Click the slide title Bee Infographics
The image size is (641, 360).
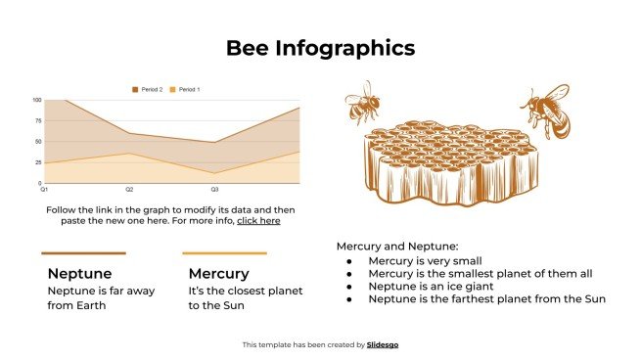coord(320,47)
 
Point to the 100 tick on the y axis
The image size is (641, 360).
coord(36,100)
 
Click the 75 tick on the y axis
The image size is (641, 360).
coord(38,120)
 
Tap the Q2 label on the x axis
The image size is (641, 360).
coord(129,188)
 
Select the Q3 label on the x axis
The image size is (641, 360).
coord(215,188)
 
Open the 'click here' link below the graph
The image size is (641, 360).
coord(258,221)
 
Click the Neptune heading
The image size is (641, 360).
coord(79,273)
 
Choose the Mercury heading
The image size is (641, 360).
coord(218,273)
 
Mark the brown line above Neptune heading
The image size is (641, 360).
coord(83,253)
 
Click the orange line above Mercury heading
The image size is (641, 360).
coord(224,253)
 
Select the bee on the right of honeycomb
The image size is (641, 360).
coord(545,111)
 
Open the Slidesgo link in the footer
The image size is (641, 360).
coord(383,344)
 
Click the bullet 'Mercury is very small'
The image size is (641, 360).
coord(426,261)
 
